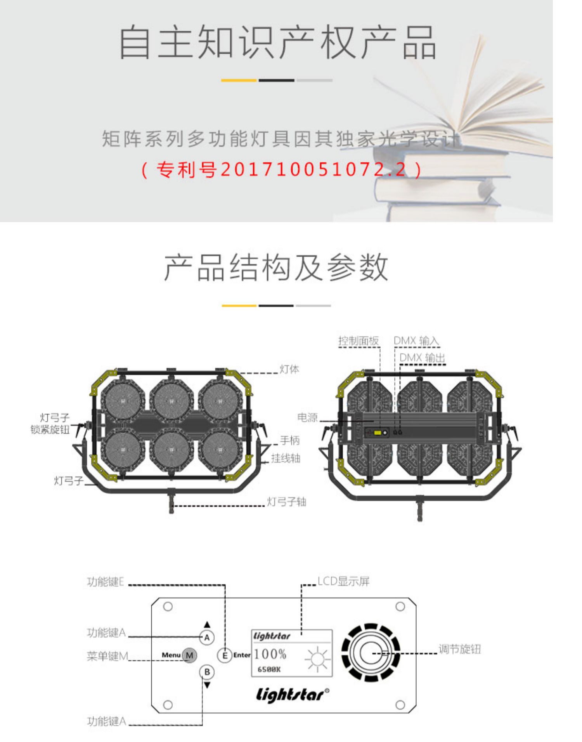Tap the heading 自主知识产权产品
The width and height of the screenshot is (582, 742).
pos(277,42)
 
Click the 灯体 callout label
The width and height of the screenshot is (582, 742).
pos(289,369)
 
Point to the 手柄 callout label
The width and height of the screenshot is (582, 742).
pos(289,440)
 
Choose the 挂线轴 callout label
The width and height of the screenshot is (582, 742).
pos(286,458)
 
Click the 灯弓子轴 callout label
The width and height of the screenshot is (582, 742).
pos(286,502)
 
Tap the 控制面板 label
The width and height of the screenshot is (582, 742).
pos(359,341)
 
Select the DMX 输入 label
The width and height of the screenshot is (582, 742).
pos(416,341)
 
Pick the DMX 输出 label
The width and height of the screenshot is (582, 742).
pos(423,358)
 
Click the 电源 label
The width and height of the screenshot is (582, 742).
pos(307,417)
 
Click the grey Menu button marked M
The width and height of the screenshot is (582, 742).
pos(189,655)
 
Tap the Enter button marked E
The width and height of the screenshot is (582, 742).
pos(225,655)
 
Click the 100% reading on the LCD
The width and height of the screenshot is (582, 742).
pos(270,654)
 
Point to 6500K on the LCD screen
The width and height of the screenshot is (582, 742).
pos(269,669)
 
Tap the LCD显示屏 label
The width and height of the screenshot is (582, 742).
pos(344,581)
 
